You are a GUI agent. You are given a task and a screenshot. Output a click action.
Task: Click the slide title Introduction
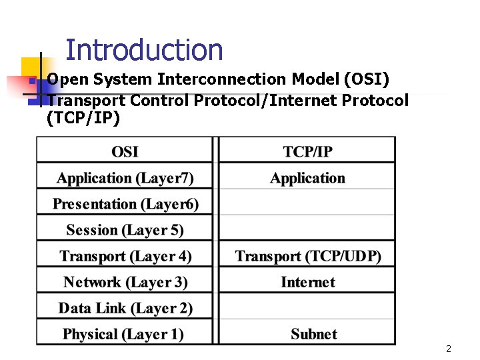click(x=144, y=50)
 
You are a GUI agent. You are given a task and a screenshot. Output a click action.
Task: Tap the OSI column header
click(x=125, y=151)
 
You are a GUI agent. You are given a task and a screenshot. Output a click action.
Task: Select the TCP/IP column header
click(x=307, y=151)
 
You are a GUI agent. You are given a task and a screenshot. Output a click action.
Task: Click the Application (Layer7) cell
click(x=125, y=178)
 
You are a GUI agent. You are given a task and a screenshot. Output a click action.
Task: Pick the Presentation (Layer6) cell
click(x=125, y=204)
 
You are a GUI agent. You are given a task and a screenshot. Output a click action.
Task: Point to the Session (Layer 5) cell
click(x=125, y=230)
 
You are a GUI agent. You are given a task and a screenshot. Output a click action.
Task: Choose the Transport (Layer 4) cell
click(x=125, y=256)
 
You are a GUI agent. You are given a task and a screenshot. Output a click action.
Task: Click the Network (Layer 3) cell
click(x=125, y=282)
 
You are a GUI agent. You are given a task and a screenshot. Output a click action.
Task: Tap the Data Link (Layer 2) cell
click(x=125, y=308)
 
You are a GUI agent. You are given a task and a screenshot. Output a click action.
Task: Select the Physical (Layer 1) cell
click(x=123, y=334)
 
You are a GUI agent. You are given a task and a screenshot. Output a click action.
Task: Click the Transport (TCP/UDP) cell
click(x=307, y=256)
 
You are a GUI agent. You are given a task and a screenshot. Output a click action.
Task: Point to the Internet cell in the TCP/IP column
click(x=307, y=282)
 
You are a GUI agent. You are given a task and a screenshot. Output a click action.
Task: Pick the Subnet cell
click(x=313, y=334)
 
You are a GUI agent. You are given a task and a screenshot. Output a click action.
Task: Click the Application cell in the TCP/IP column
click(x=307, y=178)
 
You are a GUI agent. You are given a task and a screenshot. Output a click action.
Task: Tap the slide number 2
click(x=449, y=349)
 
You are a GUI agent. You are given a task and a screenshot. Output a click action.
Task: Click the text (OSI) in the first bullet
click(x=366, y=79)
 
